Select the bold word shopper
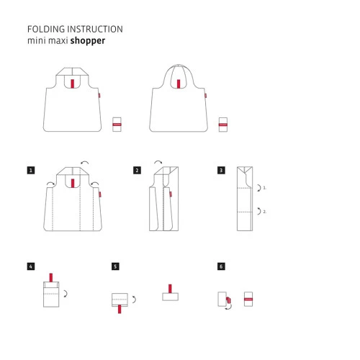89,41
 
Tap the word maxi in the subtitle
62,41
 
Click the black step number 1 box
31,171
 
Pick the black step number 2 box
137,171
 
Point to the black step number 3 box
221,171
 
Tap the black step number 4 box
31,266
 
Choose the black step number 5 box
115,266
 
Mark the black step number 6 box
221,266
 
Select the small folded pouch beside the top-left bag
117,125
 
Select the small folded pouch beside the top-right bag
224,125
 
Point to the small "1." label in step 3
265,188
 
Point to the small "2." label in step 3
265,212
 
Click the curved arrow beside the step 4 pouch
66,294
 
